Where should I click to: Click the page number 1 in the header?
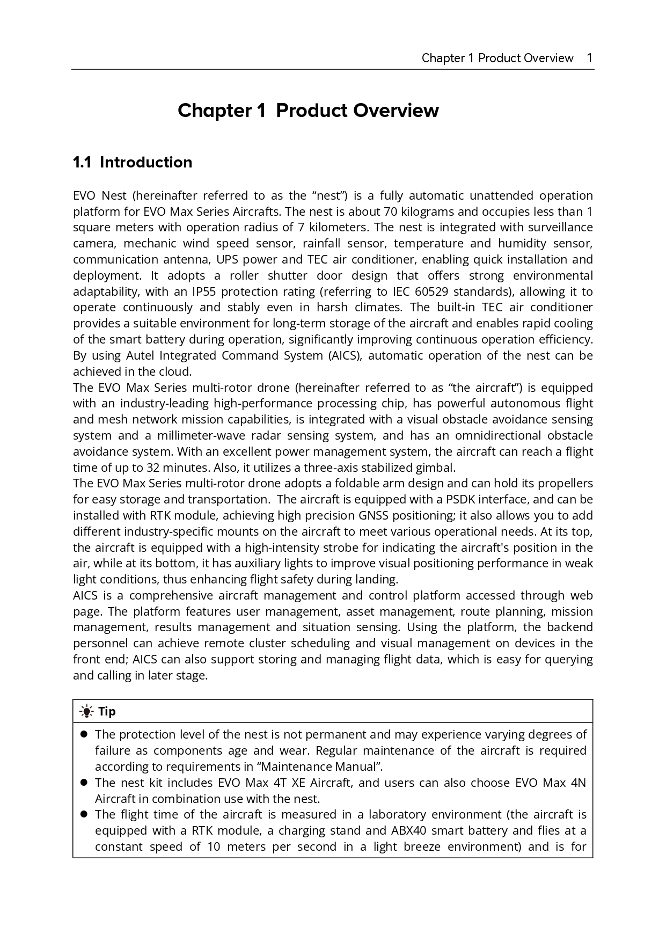coord(589,58)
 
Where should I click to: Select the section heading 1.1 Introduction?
coord(133,162)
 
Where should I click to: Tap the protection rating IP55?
coord(203,291)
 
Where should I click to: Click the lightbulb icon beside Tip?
coord(86,712)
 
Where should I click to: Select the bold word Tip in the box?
coord(107,712)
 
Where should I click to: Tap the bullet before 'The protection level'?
coord(84,734)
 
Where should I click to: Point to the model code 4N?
coord(579,783)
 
